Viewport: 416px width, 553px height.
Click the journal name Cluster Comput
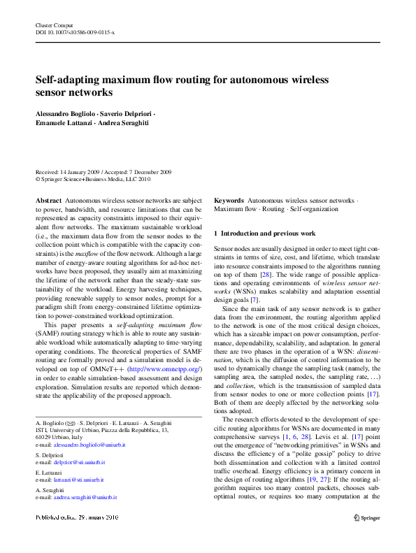(x=54, y=25)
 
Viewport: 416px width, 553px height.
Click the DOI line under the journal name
(x=75, y=33)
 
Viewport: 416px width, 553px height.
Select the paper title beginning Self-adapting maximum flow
(x=182, y=86)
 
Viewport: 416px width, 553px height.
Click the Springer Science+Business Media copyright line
(x=92, y=179)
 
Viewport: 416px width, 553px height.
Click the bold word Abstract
(x=48, y=201)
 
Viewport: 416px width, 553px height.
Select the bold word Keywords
(x=229, y=201)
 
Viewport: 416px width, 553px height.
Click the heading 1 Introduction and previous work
(x=264, y=233)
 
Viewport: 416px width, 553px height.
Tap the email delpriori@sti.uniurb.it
(x=80, y=462)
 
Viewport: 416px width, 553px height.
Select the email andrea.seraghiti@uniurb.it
(x=85, y=498)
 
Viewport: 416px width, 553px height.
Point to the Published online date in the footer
(x=77, y=517)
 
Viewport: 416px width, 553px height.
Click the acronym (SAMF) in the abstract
(x=47, y=334)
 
